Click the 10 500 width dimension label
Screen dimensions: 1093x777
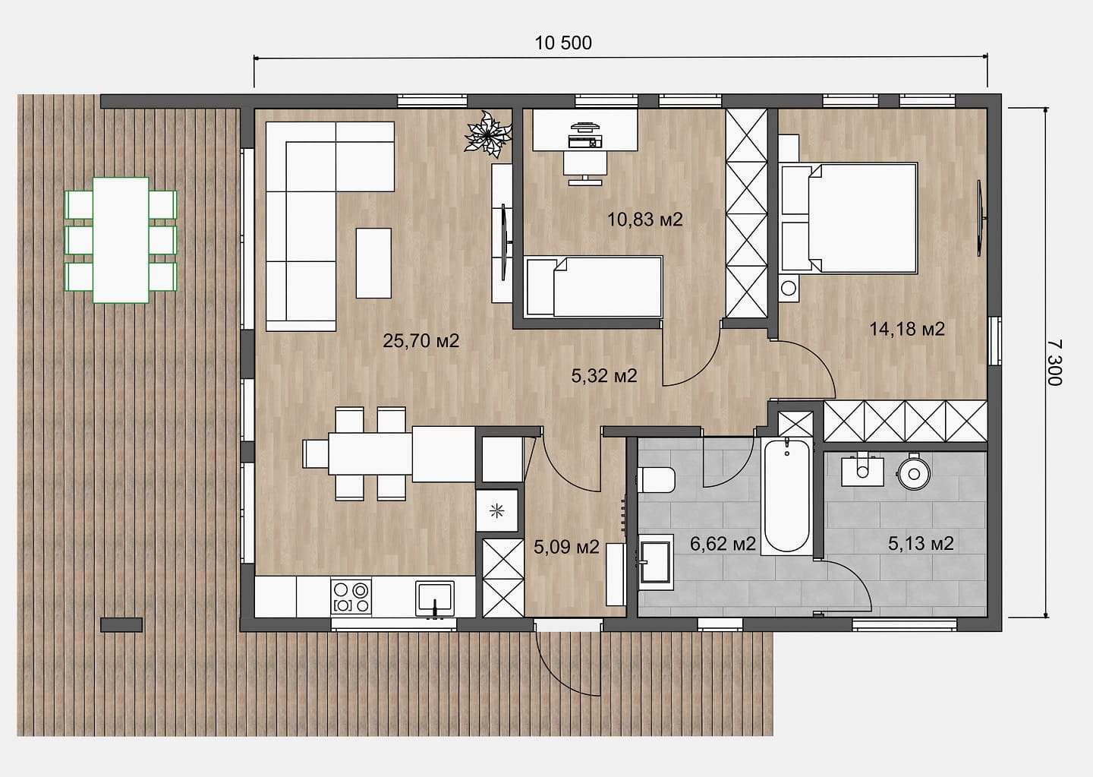coord(563,43)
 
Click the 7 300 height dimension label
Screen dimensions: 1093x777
coord(1054,362)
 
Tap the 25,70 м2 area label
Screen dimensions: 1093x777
coord(421,340)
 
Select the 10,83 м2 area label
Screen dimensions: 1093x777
coord(644,220)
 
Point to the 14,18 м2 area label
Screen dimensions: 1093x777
coord(907,329)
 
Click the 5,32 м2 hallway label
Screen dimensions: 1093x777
coord(604,375)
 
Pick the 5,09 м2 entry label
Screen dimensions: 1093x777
coord(566,547)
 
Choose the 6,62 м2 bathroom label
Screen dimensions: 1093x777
coord(723,543)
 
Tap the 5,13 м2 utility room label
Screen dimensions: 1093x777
coord(921,543)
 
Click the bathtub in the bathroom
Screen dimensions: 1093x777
coord(786,496)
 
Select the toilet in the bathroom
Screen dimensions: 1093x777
coord(657,480)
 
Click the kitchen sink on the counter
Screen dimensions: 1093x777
coord(434,599)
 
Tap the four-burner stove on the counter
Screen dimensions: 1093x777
coord(351,597)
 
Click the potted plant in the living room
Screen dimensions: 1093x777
coord(487,134)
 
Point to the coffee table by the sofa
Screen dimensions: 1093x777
coord(373,264)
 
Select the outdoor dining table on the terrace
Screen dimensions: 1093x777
coord(121,240)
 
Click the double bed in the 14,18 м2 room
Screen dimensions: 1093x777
coord(849,218)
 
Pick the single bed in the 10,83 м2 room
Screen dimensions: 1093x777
coord(594,286)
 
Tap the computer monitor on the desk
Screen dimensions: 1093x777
coord(584,128)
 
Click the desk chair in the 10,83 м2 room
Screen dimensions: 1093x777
coord(585,167)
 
